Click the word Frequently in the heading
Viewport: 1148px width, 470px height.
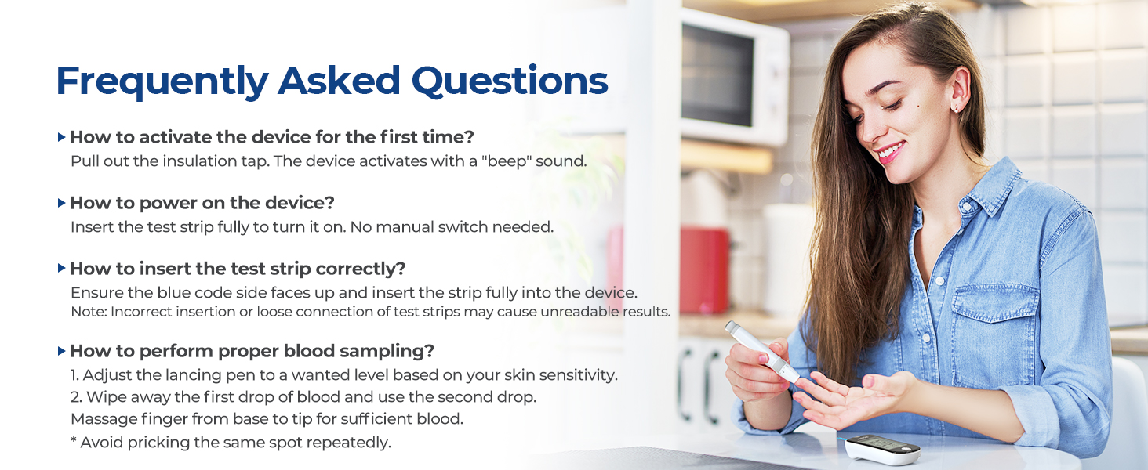pyautogui.click(x=162, y=81)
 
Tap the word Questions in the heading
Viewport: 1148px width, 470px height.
pyautogui.click(x=510, y=81)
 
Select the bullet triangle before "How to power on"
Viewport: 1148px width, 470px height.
pyautogui.click(x=61, y=203)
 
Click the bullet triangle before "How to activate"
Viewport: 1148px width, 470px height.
pyautogui.click(x=61, y=137)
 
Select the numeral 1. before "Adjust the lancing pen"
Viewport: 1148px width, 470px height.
pyautogui.click(x=74, y=375)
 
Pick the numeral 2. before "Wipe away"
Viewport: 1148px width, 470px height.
pyautogui.click(x=76, y=397)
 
